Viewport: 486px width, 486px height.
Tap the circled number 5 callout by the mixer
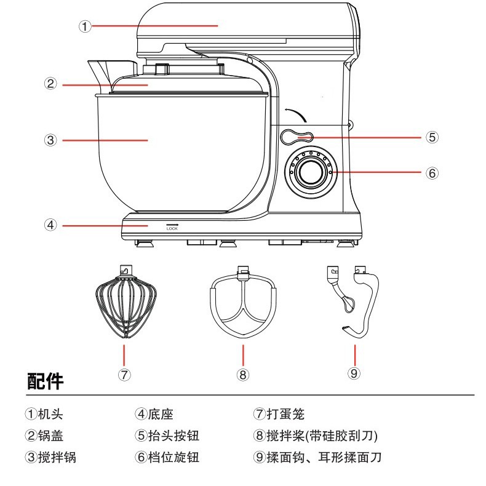pos(432,137)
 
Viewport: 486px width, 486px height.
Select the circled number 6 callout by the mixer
pos(432,173)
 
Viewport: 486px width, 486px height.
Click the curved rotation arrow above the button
pos(295,113)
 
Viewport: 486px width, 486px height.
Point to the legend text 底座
pos(159,415)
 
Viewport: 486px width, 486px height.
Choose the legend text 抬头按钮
pos(170,436)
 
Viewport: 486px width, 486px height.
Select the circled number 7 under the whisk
pos(124,374)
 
